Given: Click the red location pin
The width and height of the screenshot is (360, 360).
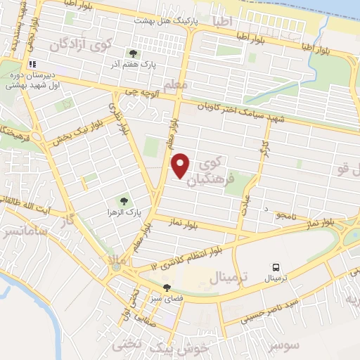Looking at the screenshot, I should point(181,165).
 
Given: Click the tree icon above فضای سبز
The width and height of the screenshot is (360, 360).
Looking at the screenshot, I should point(167,287).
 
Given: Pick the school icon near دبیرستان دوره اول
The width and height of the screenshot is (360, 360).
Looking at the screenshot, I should point(32,64).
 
